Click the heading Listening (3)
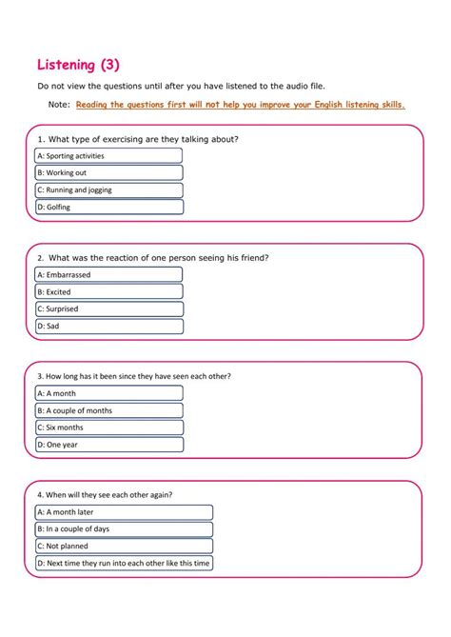coord(79,65)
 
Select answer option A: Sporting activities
coord(108,155)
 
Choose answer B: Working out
coord(108,172)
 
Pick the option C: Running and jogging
coord(108,189)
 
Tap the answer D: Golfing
coord(108,207)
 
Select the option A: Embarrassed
coord(108,275)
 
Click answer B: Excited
coord(108,292)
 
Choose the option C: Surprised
coord(108,309)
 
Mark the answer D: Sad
coord(108,326)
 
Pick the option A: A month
coord(108,393)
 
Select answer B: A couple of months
coord(108,410)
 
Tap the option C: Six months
coord(108,428)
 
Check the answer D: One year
coord(108,445)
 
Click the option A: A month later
coord(124,512)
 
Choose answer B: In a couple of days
coord(124,528)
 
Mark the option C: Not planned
coord(124,546)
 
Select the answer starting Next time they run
coord(124,563)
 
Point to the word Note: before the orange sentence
coord(58,105)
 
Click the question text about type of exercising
coord(137,139)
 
